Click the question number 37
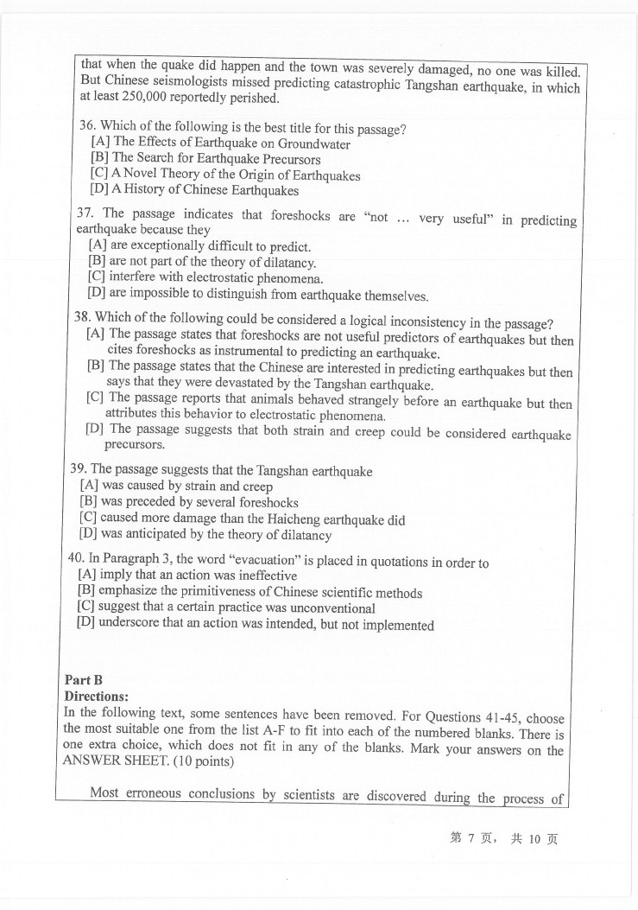point(87,214)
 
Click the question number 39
point(79,469)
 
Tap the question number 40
point(76,558)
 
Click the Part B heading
point(83,680)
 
